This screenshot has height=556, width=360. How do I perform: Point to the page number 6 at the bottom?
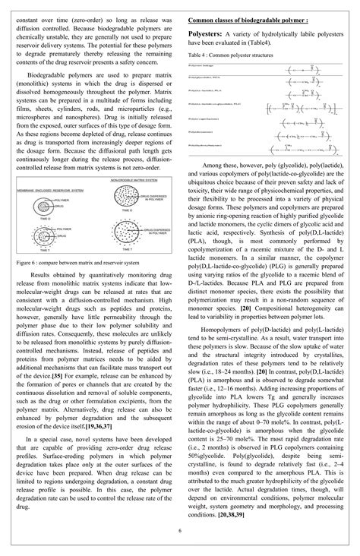pyautogui.click(x=180, y=530)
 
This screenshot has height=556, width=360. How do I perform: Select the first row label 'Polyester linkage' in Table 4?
pyautogui.click(x=201, y=66)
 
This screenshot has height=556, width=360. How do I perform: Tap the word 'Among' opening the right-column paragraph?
pyautogui.click(x=213, y=163)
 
